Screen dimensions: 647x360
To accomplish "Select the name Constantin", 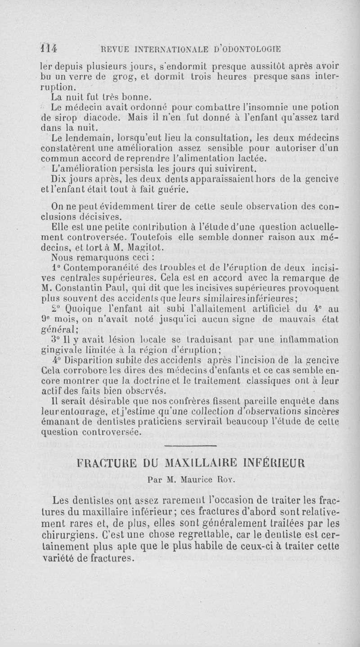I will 83,289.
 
